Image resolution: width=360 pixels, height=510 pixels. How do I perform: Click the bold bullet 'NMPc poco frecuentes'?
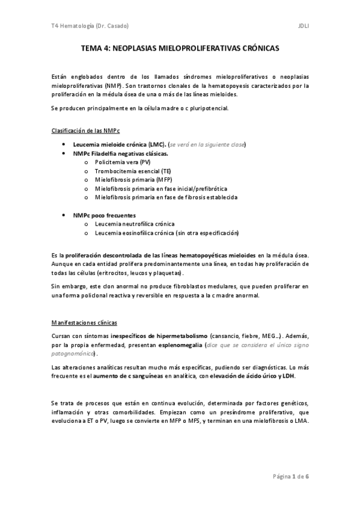(x=105, y=215)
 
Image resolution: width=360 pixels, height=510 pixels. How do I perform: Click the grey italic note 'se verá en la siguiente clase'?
(x=208, y=145)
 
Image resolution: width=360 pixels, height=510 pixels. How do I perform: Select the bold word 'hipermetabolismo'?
(x=181, y=334)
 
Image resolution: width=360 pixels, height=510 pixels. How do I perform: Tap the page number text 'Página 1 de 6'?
(x=291, y=476)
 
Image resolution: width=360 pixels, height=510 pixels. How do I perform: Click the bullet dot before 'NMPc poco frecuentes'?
(x=64, y=215)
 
